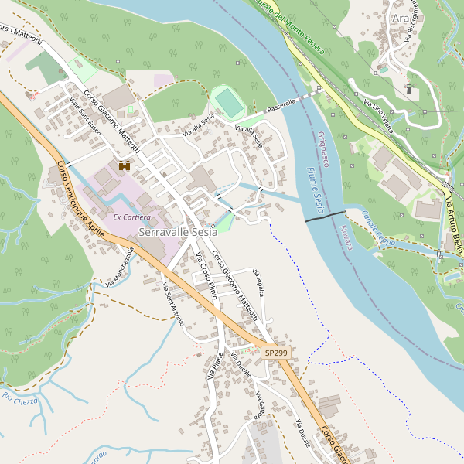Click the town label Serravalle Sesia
click(x=177, y=232)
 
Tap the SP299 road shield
click(x=275, y=353)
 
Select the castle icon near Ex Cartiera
click(x=124, y=165)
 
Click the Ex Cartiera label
click(x=132, y=217)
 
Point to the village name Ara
click(x=401, y=19)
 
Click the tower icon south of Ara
click(x=409, y=88)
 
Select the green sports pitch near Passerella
click(x=227, y=102)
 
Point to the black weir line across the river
click(x=325, y=217)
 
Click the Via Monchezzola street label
click(x=121, y=267)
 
